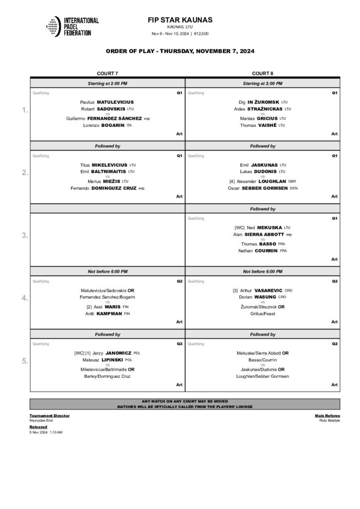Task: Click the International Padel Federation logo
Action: point(72,26)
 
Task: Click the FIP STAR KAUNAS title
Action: point(180,20)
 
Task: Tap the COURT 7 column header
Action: point(107,74)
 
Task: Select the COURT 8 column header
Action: point(262,74)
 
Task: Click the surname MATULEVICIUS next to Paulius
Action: point(115,102)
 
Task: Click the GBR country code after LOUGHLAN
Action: point(292,181)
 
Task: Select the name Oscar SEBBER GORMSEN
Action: point(263,188)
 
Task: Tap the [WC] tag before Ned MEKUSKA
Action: point(240,227)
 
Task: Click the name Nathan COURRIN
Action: point(263,251)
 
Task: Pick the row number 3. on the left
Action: point(25,236)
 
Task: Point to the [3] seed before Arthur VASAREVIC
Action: point(235,290)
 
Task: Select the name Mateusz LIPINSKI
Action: point(107,360)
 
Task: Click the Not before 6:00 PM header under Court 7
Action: point(107,271)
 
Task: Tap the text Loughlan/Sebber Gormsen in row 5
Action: point(263,376)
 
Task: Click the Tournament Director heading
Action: point(50,416)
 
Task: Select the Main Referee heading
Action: point(327,416)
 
